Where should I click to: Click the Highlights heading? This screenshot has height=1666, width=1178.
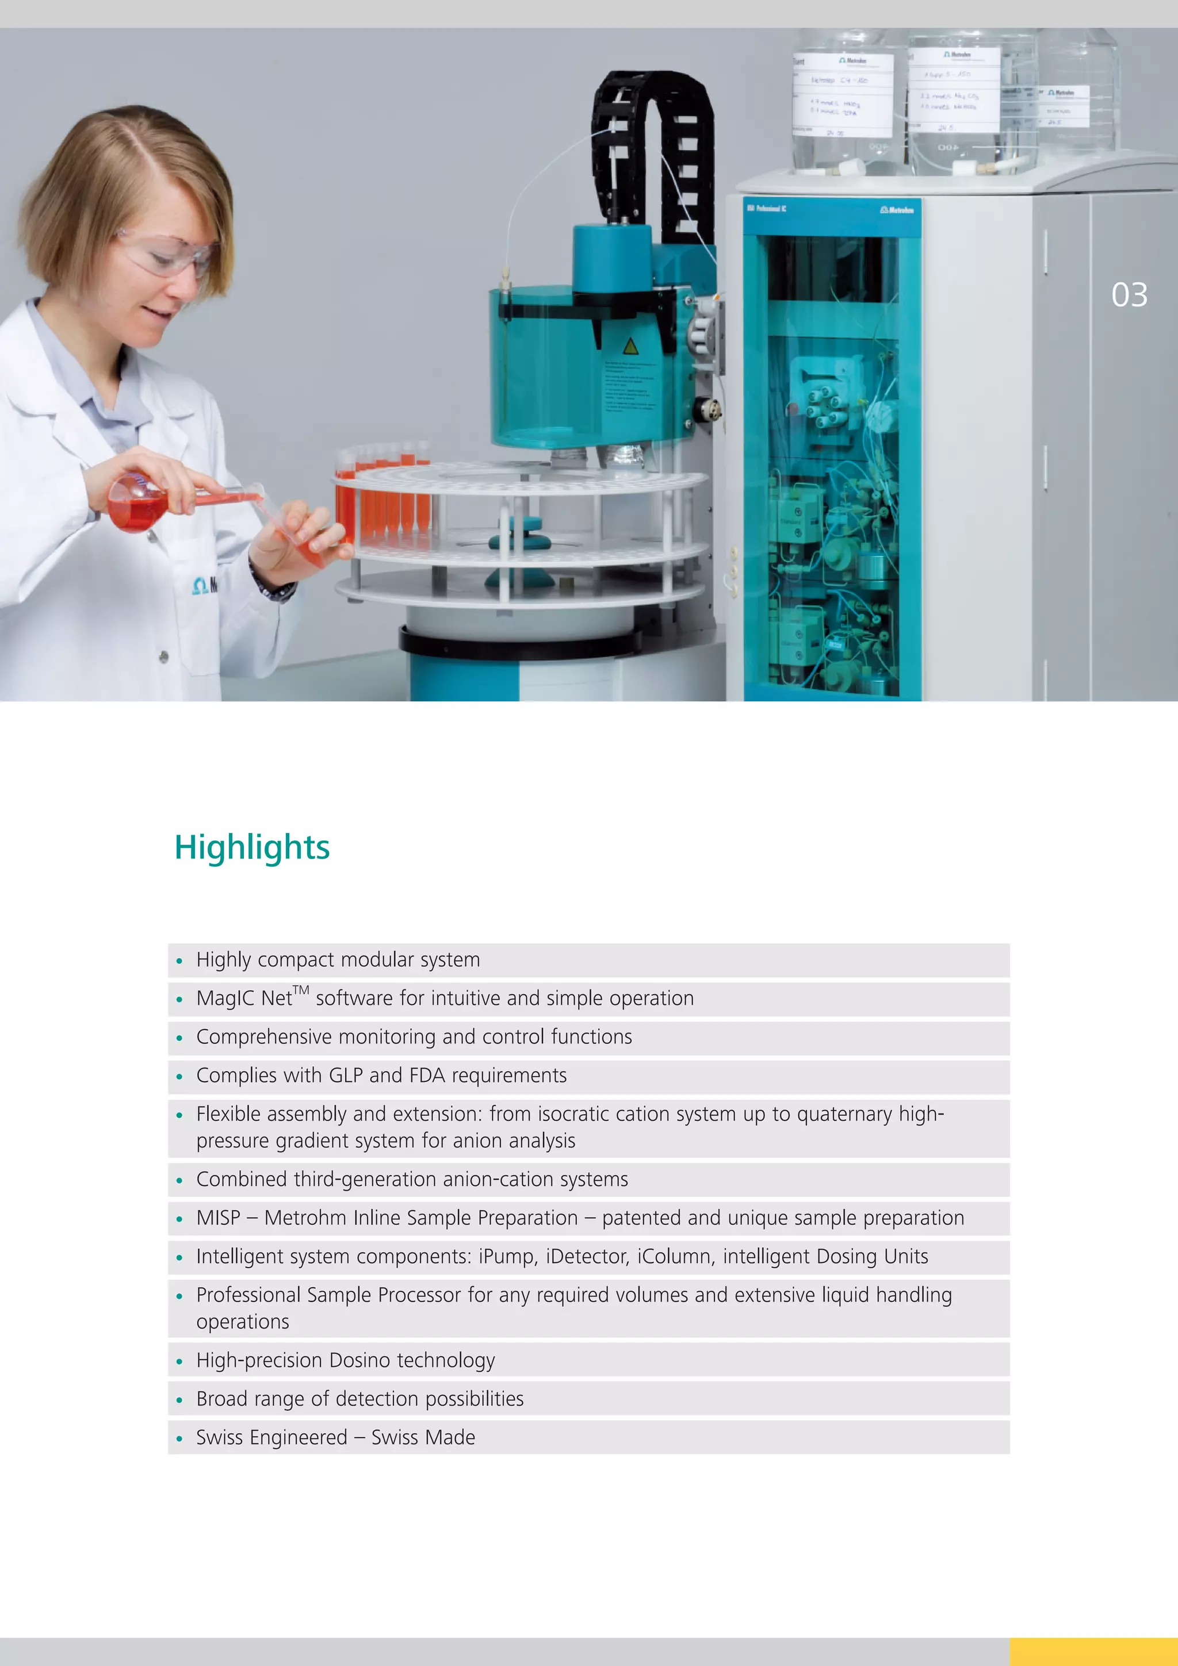[252, 847]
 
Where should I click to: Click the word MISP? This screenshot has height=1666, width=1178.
[219, 1218]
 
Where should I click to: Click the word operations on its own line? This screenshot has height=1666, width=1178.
[242, 1322]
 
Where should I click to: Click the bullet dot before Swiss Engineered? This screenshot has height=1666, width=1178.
[179, 1438]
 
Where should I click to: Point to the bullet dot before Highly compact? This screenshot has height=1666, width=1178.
[179, 961]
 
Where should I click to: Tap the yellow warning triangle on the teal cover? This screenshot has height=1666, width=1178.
[630, 346]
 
